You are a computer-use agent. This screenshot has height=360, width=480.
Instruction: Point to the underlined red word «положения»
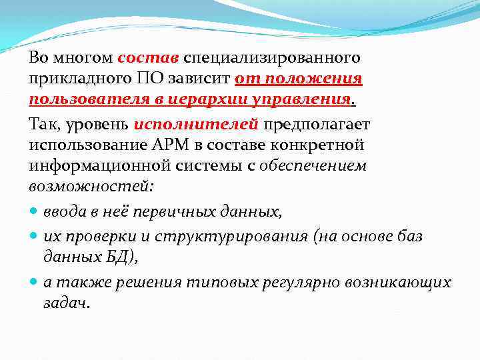tap(313, 79)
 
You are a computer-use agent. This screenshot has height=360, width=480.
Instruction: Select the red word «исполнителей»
tap(195, 124)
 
